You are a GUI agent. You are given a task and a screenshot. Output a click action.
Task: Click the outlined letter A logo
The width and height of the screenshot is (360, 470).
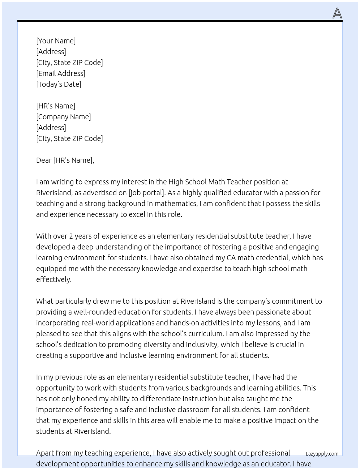click(337, 13)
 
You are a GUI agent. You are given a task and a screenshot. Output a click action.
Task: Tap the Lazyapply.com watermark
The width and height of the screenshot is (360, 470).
click(322, 454)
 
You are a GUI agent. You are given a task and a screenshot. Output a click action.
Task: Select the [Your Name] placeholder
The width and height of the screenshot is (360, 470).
click(56, 41)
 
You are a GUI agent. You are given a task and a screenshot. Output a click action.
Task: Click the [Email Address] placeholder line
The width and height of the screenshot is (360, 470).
click(61, 73)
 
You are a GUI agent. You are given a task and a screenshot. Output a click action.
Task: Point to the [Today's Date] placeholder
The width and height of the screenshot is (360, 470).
click(59, 84)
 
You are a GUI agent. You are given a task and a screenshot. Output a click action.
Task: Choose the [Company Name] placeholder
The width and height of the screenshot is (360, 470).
click(64, 117)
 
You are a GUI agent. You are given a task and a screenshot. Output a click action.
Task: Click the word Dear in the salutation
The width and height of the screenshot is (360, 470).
click(44, 160)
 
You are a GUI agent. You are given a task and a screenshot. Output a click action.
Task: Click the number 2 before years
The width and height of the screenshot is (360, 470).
click(71, 236)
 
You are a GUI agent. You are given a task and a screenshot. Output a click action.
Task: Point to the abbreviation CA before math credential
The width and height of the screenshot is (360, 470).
click(231, 258)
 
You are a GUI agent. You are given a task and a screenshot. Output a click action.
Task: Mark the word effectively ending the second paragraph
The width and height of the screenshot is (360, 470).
click(53, 279)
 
